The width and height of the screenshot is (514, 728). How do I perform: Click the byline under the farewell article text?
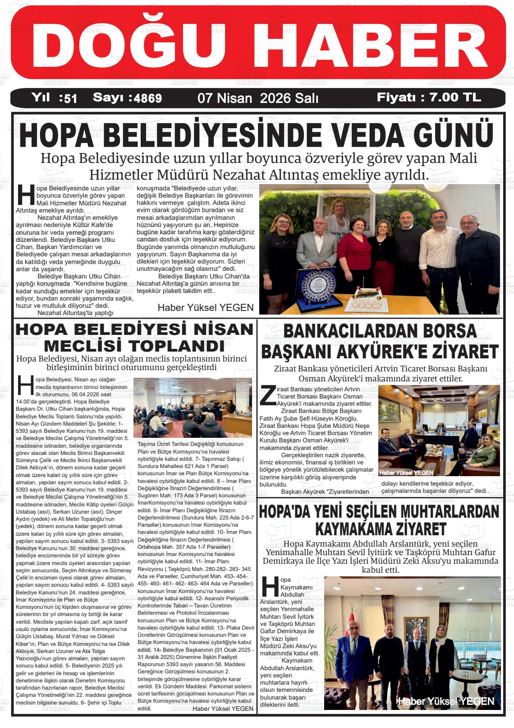pyautogui.click(x=206, y=307)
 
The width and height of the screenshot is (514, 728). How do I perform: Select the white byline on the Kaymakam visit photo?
pyautogui.click(x=446, y=701)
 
